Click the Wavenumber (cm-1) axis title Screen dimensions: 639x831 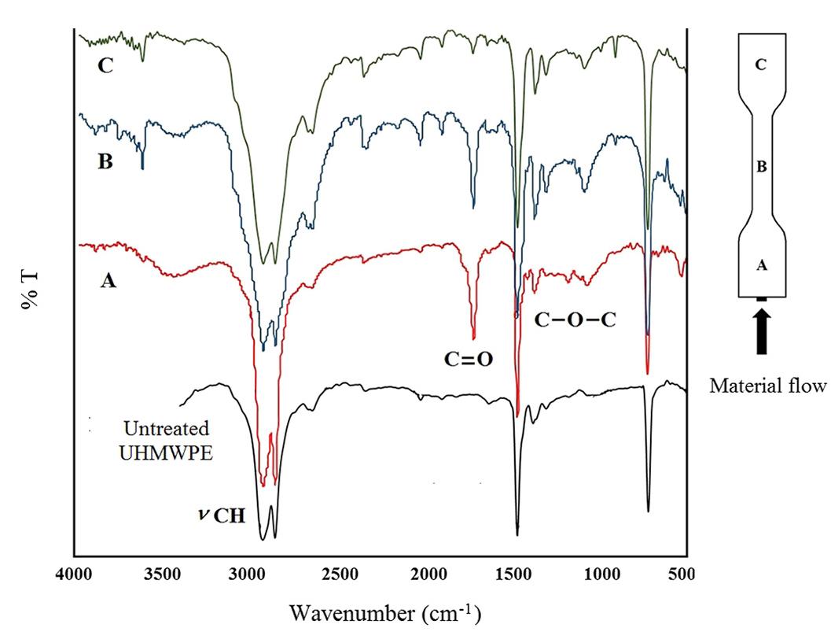[x=384, y=611]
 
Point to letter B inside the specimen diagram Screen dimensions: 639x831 [x=760, y=167]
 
